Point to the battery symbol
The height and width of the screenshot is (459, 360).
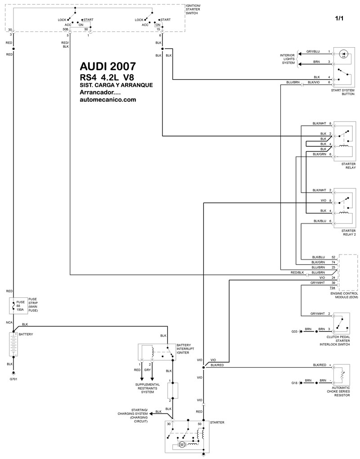point(13,345)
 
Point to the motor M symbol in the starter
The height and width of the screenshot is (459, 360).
point(182,445)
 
